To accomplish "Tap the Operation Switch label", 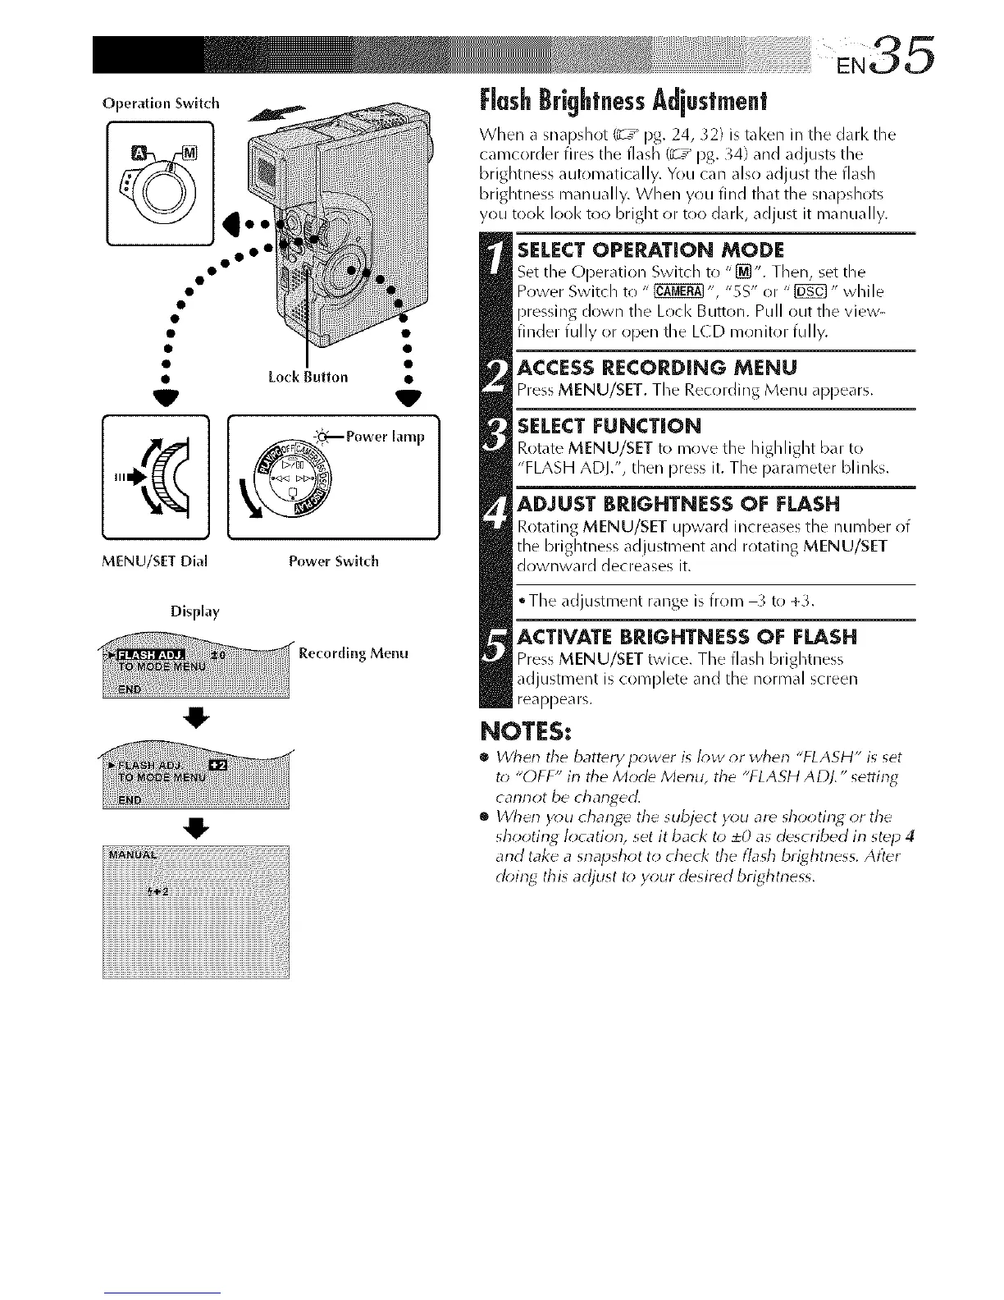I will [161, 103].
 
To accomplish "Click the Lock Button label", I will [308, 377].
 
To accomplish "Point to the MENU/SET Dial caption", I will [155, 561].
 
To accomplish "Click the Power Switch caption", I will [333, 561].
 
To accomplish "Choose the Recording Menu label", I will [354, 653].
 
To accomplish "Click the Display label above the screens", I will [195, 611].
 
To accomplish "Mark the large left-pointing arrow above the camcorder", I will [284, 115].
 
